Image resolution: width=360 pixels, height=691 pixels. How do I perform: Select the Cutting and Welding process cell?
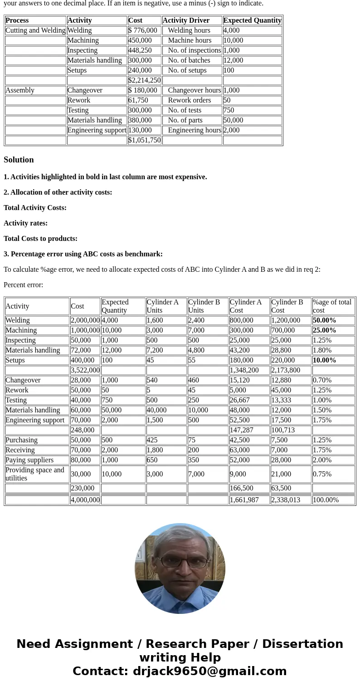click(35, 30)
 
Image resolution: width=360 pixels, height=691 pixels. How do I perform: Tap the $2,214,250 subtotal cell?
click(144, 80)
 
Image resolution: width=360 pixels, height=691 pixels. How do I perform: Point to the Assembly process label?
click(20, 90)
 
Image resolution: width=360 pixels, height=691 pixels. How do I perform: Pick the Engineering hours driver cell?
click(195, 130)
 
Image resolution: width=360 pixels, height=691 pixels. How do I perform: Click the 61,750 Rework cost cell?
click(138, 100)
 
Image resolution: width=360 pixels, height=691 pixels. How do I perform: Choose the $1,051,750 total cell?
click(144, 140)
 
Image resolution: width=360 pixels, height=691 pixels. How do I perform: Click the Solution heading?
click(19, 160)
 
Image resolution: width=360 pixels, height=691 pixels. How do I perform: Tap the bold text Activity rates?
click(25, 223)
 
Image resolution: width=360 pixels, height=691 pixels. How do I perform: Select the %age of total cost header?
click(332, 306)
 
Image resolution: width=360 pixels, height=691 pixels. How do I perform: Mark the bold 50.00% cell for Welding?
click(325, 320)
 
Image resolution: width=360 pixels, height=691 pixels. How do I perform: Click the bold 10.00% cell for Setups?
click(325, 360)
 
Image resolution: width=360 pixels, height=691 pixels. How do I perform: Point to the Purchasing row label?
click(21, 440)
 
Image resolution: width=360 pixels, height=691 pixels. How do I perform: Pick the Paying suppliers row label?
click(29, 460)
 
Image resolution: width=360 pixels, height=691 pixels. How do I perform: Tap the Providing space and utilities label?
click(35, 474)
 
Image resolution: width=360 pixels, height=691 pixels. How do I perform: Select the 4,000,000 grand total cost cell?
click(85, 500)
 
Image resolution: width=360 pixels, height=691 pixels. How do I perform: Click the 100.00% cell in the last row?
click(326, 500)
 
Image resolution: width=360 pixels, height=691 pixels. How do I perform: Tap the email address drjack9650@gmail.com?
click(209, 671)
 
